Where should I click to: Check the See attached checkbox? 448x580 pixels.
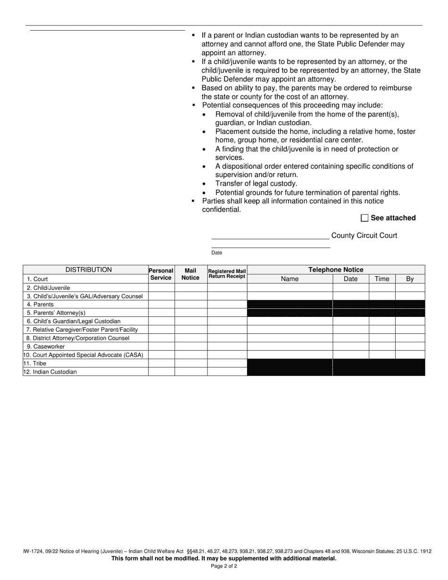[364, 218]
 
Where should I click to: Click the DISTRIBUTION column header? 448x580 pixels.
[89, 270]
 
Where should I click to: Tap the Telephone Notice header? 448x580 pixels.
[336, 270]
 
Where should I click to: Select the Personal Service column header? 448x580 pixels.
[161, 274]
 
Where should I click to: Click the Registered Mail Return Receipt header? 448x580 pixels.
[227, 274]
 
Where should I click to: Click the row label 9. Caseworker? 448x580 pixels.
[46, 347]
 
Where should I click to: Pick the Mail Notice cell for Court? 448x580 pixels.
[191, 279]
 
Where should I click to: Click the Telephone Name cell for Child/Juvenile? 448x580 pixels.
[290, 288]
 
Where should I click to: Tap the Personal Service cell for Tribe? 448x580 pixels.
[161, 364]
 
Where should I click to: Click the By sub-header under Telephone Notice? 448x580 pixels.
[410, 279]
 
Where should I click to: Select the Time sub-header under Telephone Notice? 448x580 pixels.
[382, 279]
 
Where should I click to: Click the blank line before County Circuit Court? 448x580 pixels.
[270, 235]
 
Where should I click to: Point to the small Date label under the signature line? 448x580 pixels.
[216, 253]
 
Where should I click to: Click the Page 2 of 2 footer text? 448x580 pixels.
[224, 566]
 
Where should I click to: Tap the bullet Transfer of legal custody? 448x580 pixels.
[256, 183]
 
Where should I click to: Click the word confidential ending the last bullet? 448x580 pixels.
[221, 209]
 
